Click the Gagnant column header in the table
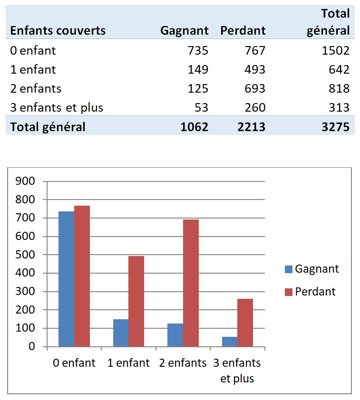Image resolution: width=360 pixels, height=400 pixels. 185,31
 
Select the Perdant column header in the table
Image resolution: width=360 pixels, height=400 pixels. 243,31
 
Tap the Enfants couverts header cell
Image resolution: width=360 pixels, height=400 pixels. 58,31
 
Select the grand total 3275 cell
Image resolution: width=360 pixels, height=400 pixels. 336,127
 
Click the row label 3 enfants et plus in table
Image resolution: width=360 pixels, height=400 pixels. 57,107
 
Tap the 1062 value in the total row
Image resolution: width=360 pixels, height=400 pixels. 195,127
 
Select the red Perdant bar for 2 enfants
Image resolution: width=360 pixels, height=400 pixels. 191,283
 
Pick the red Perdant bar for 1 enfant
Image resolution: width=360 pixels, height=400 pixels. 136,301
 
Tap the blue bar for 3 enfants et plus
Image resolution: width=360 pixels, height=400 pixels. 230,342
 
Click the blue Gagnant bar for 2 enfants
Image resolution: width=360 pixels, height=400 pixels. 175,335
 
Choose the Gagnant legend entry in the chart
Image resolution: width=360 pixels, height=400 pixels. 312,269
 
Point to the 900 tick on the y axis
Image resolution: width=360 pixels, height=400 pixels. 26,181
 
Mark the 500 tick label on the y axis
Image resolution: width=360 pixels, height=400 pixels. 26,255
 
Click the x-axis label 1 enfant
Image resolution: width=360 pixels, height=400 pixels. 129,363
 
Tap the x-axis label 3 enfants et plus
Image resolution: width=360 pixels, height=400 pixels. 237,371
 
